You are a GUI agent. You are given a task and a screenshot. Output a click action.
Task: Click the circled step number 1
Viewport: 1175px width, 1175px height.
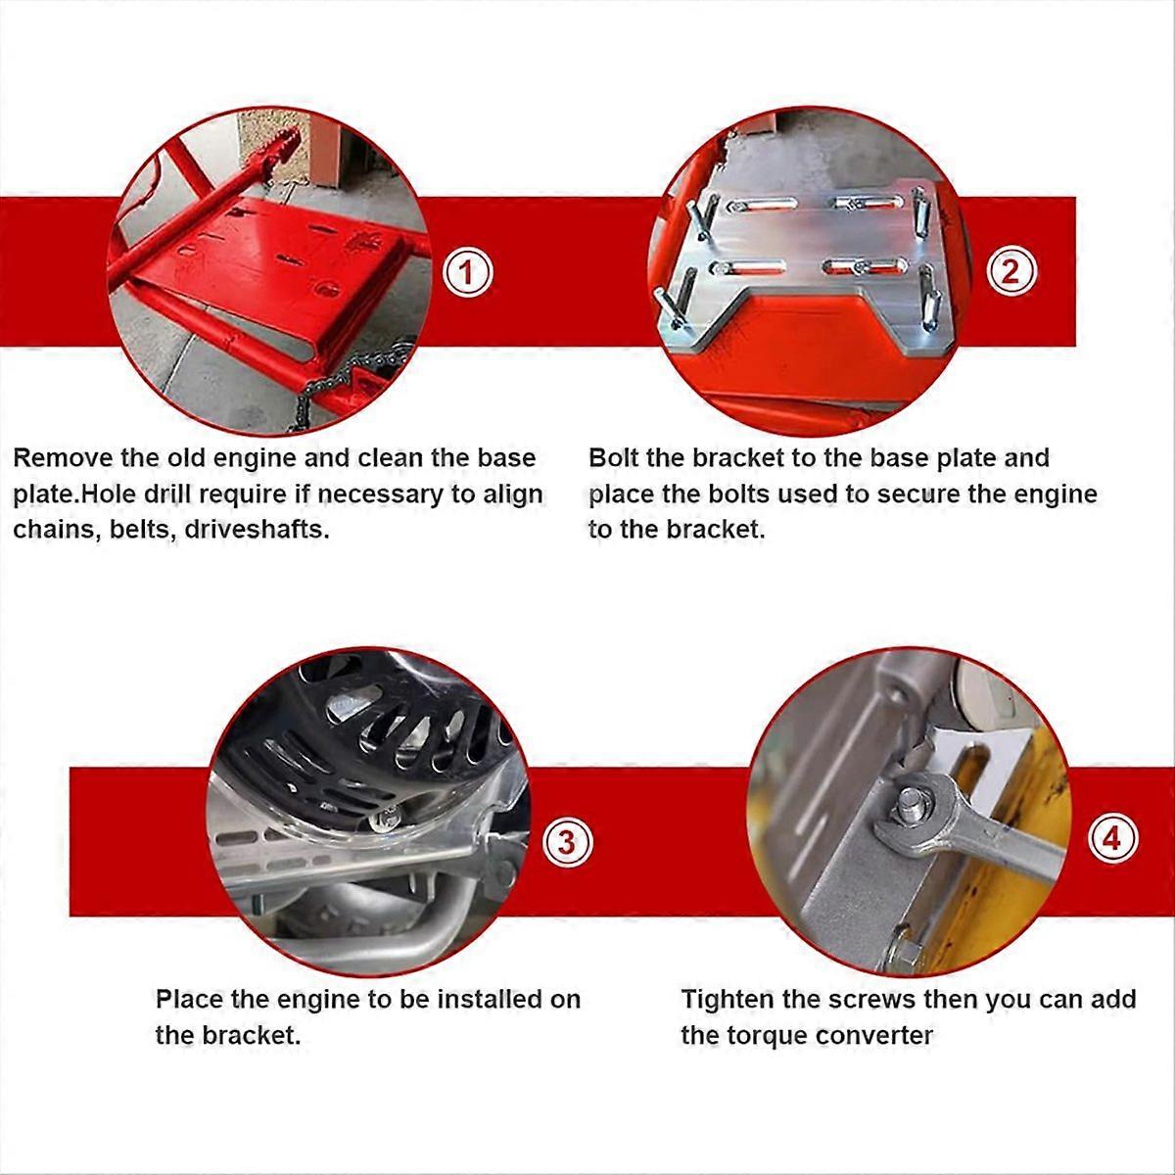tap(467, 272)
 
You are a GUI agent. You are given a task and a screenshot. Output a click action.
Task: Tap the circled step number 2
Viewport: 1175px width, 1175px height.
tap(1010, 270)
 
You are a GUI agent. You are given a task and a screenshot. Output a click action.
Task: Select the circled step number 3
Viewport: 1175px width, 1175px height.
tap(567, 843)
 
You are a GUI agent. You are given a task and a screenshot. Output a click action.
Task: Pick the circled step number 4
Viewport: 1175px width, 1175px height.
tap(1112, 839)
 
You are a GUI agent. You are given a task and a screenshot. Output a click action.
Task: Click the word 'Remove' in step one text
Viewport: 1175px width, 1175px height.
tap(63, 458)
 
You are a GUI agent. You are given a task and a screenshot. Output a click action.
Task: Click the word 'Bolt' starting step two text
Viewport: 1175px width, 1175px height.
tap(613, 458)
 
